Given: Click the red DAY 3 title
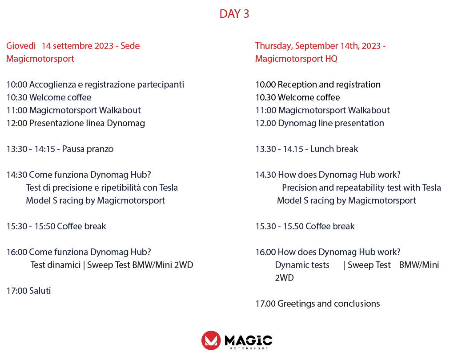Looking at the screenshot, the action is coord(234,14).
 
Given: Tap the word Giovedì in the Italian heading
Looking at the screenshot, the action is coord(21,46).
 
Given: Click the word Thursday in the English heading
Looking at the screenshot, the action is coord(273,46).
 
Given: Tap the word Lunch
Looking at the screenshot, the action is coord(321,149).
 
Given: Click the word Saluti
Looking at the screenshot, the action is coord(40,291).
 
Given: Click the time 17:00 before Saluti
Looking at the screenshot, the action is coord(17,291).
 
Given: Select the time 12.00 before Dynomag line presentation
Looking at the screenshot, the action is coord(266,123).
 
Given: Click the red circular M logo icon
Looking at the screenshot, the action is coord(211,340).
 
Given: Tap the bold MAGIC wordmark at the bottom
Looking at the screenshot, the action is coord(249,340).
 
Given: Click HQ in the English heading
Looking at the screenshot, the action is coord(331,59).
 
